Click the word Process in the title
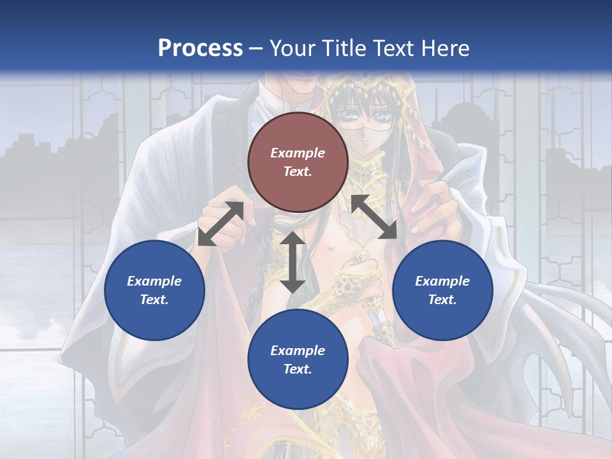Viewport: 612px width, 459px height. click(x=200, y=48)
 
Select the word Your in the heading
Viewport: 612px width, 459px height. click(x=293, y=48)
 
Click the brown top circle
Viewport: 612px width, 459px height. click(x=298, y=162)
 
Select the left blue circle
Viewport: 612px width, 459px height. click(x=154, y=290)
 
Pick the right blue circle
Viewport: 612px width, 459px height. click(x=442, y=290)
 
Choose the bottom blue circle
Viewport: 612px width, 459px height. click(x=298, y=360)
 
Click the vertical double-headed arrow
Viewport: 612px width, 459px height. click(x=293, y=262)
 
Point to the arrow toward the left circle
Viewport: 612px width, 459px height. click(x=221, y=223)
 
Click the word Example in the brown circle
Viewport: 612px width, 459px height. click(x=298, y=153)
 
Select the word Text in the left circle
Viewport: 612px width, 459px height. click(x=154, y=300)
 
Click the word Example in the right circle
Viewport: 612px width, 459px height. click(x=442, y=281)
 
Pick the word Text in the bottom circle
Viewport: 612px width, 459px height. click(x=298, y=369)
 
